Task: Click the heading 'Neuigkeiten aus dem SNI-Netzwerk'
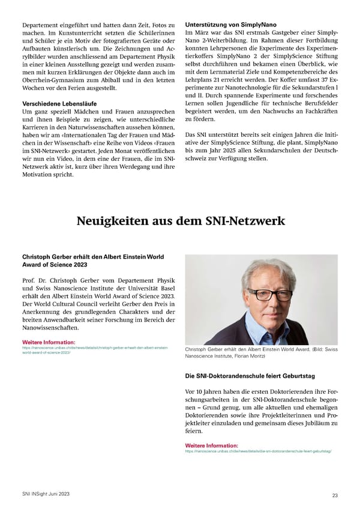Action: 180,221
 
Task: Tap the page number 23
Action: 334,495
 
